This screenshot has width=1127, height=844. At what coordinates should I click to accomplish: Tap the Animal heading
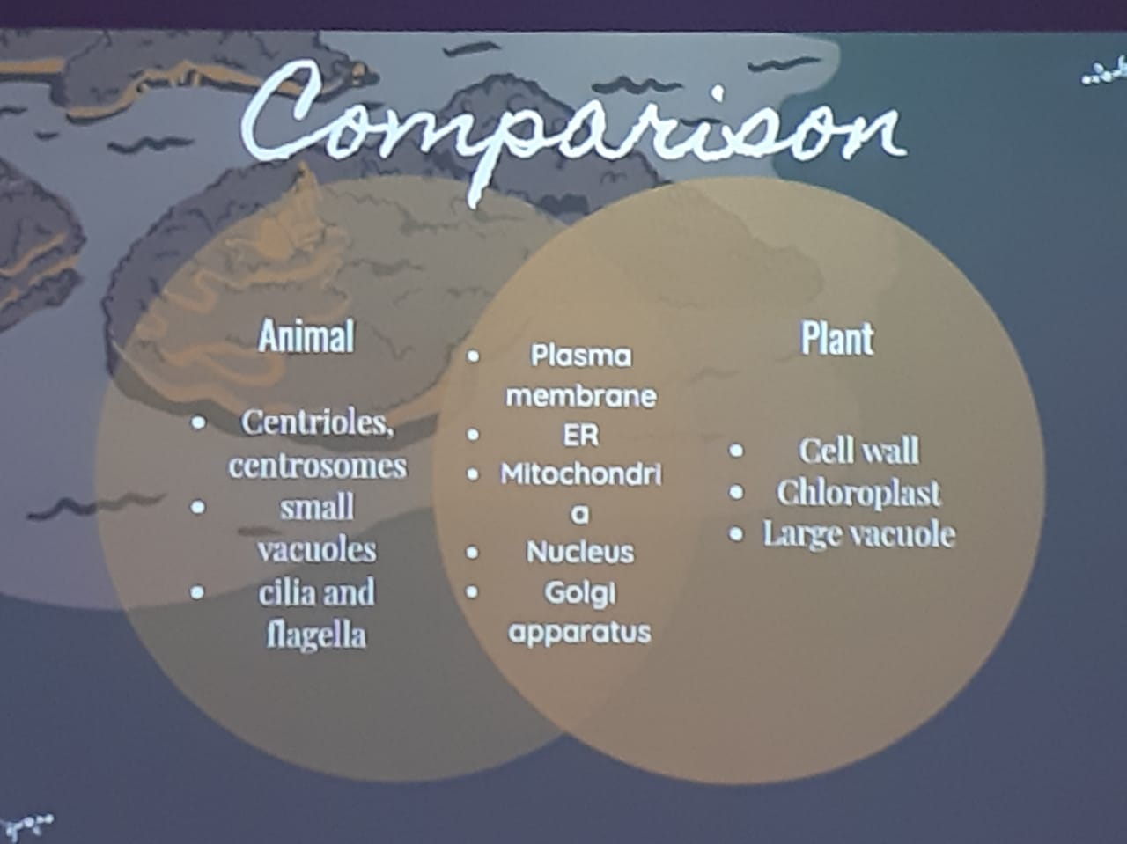306,336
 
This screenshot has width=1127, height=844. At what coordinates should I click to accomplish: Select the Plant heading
837,338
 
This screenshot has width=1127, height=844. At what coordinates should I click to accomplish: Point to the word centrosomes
318,466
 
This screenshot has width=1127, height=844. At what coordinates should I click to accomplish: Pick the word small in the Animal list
317,507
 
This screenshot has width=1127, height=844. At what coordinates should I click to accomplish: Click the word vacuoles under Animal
317,550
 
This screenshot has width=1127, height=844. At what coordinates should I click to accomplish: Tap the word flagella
316,635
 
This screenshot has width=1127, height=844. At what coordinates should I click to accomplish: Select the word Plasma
581,356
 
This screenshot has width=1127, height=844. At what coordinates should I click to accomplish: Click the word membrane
581,396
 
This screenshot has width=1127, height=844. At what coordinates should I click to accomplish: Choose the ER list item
581,436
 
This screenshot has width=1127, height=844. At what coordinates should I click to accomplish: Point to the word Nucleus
580,553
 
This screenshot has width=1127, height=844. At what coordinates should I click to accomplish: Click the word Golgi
579,594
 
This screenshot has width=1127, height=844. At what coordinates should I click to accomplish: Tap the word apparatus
579,632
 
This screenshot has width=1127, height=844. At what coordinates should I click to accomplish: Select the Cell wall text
859,451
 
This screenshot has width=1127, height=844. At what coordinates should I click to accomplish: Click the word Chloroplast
858,493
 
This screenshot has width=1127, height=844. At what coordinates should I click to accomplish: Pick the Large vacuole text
859,534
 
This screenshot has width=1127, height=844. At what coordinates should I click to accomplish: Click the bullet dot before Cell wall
736,451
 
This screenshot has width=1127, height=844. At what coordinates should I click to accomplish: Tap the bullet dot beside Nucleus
472,553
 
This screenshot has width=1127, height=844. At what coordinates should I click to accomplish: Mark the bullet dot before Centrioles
198,423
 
